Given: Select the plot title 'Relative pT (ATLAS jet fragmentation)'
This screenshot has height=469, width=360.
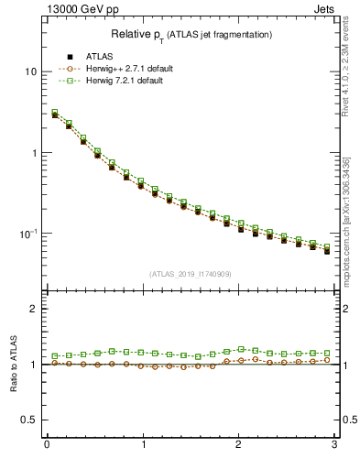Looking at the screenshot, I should [191, 34].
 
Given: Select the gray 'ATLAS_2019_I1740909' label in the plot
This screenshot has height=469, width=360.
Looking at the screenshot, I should [191, 273].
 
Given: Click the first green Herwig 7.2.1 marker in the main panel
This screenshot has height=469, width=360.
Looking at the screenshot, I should [55, 113].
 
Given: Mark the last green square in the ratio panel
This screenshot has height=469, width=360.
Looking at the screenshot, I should [326, 353].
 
